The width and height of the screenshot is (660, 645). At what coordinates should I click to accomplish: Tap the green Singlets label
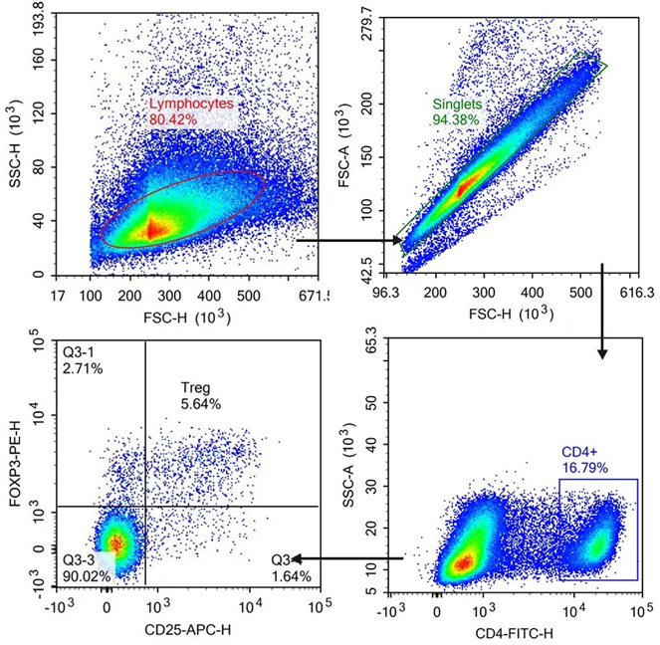[x=456, y=104]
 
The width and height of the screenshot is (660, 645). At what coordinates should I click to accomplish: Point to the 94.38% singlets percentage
[x=456, y=119]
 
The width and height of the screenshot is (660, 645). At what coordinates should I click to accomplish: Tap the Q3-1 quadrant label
[x=83, y=352]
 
